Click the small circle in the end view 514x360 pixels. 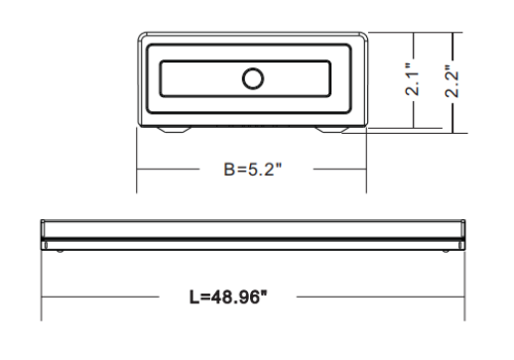pos(253,78)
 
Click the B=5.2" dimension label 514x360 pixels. pos(253,170)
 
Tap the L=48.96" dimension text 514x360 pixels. pos(228,297)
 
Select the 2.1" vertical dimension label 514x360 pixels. pos(413,79)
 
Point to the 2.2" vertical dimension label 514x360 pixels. pos(451,81)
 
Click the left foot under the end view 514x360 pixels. pos(174,130)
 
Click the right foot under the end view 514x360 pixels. pos(331,130)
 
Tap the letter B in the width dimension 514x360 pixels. pos(229,170)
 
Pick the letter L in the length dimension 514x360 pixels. pos(194,297)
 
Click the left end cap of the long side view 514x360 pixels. pos(44,235)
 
